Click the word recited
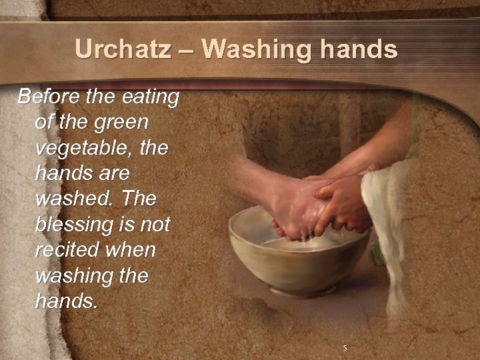pyautogui.click(x=68, y=251)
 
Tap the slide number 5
pyautogui.click(x=345, y=348)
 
